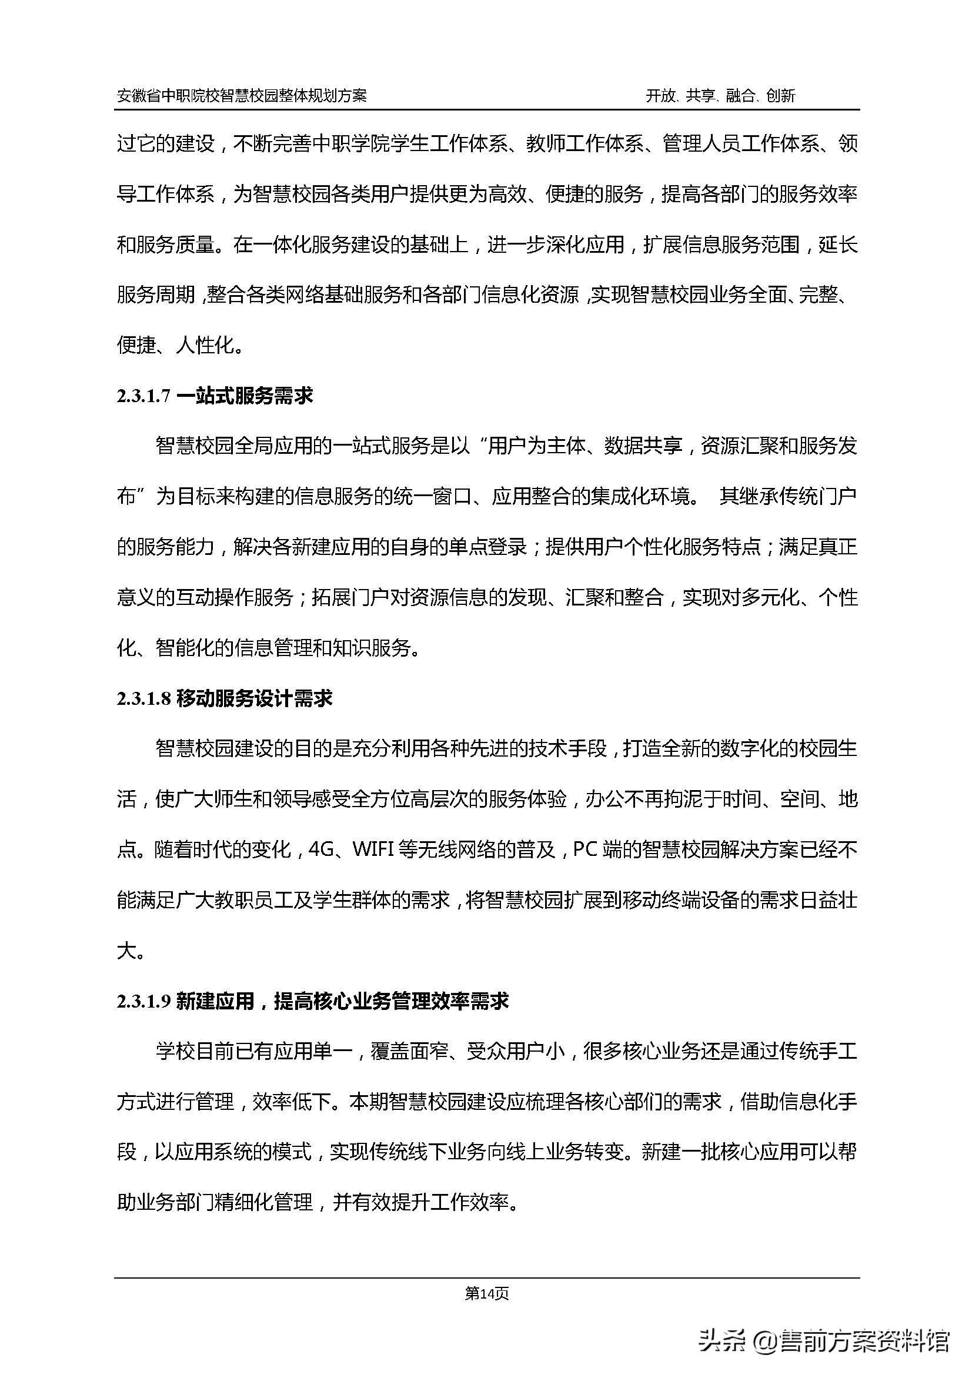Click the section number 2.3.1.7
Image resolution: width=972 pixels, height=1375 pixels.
click(x=143, y=396)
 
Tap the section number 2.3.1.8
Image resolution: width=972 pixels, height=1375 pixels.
click(x=143, y=698)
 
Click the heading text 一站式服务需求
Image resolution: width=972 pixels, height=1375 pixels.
click(x=245, y=396)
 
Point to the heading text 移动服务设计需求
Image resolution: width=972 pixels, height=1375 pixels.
click(x=255, y=698)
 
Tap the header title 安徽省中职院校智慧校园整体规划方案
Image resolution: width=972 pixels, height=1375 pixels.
click(x=242, y=96)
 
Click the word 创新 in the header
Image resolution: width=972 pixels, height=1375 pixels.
click(x=780, y=96)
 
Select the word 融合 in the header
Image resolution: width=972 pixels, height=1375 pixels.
click(x=740, y=96)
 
